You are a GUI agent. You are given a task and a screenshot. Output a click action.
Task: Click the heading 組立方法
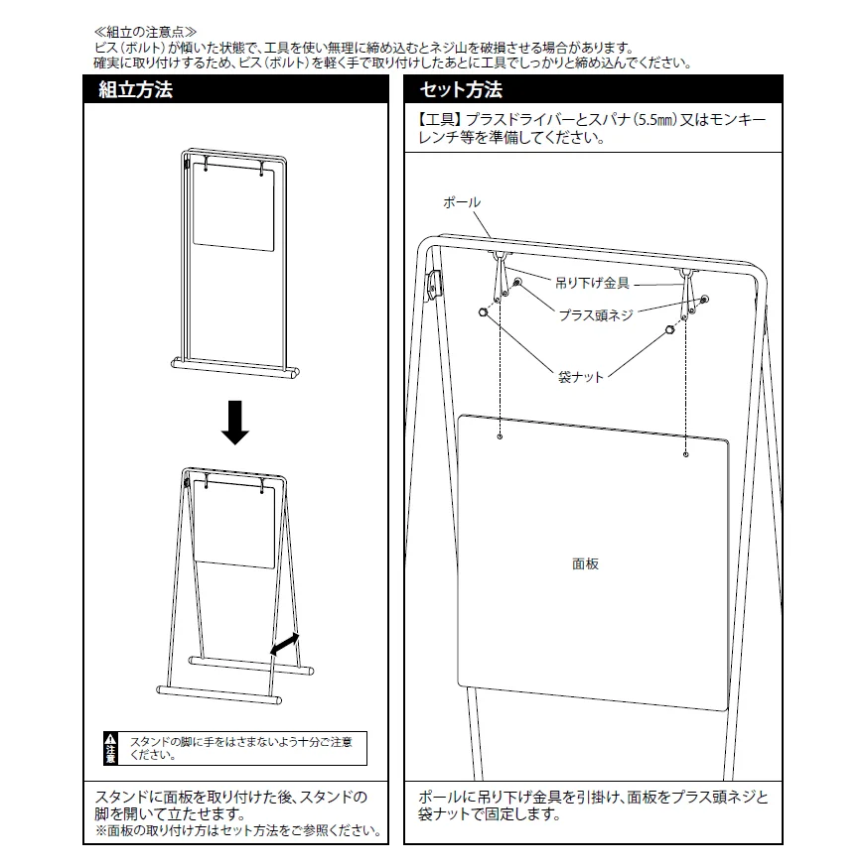136,89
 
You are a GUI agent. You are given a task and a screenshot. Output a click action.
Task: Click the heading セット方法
461,89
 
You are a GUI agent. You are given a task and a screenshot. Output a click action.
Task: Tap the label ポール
462,202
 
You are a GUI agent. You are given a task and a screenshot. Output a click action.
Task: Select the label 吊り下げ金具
592,283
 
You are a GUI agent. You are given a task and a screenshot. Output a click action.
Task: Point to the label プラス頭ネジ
596,315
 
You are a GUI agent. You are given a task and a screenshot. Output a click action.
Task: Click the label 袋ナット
580,377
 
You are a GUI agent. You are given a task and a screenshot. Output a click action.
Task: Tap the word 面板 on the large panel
585,564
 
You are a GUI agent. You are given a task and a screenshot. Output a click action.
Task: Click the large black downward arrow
235,423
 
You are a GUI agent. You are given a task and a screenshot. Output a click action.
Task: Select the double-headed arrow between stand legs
285,645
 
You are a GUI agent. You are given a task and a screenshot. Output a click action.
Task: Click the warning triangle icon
110,739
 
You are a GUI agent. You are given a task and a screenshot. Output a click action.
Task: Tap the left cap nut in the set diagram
484,312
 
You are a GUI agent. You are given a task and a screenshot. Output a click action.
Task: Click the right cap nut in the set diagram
670,330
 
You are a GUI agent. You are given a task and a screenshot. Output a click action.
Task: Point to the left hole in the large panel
500,436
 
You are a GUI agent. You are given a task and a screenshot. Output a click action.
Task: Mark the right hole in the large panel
686,454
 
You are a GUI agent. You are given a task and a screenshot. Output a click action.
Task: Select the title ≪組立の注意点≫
145,32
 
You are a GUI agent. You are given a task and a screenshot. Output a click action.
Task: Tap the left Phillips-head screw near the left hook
517,283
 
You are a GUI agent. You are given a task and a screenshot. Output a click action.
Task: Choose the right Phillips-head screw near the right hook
704,300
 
